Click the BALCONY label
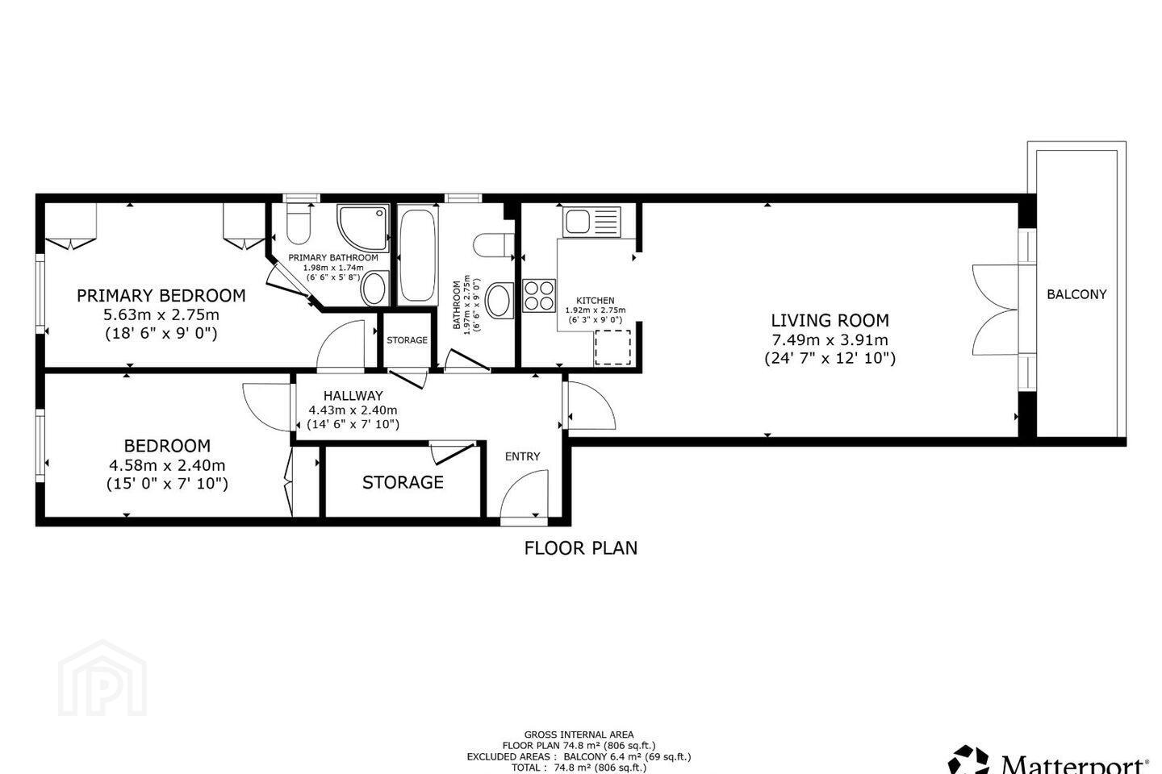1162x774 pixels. [1076, 294]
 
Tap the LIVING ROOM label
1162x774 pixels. [830, 320]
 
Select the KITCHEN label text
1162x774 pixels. [595, 300]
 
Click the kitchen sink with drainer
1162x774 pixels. [592, 222]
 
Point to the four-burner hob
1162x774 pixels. [539, 296]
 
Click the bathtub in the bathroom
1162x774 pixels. [418, 255]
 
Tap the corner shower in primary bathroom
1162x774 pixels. [363, 227]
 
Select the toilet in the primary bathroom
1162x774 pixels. [299, 224]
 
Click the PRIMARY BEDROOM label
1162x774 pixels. [161, 296]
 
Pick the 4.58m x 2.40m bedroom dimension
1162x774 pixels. [167, 465]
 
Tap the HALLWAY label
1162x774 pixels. [353, 396]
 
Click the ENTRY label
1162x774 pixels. [522, 456]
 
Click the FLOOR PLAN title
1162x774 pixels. [580, 548]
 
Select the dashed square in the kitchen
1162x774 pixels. [612, 347]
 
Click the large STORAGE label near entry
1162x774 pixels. [403, 482]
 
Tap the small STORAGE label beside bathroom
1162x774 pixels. [407, 340]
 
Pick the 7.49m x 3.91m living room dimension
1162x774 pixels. [830, 340]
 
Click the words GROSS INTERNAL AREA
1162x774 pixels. [579, 734]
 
